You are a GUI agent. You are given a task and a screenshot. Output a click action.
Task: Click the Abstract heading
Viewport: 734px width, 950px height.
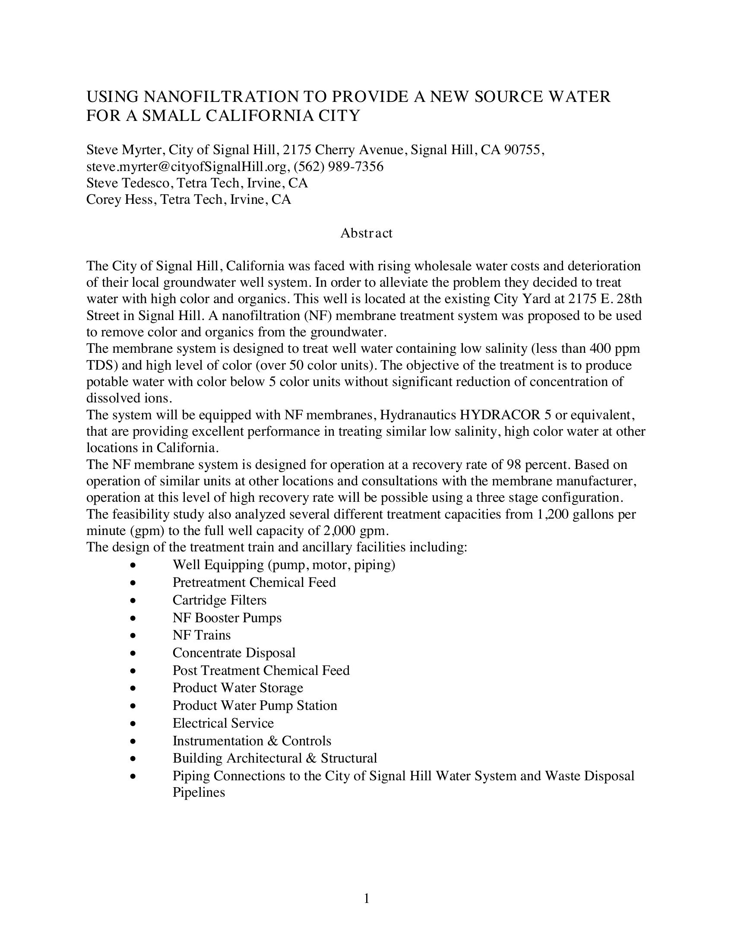click(x=366, y=233)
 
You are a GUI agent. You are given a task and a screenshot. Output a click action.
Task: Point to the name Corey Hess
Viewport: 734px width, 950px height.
click(x=121, y=199)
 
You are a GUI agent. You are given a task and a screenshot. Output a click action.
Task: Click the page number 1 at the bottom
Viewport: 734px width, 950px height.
click(x=366, y=898)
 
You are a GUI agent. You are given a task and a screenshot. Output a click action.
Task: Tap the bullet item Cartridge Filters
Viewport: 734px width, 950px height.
click(x=219, y=600)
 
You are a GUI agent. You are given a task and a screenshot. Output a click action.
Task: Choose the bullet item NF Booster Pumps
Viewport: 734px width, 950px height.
click(x=227, y=618)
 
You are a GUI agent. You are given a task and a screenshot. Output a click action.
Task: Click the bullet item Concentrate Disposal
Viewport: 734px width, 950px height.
click(x=234, y=653)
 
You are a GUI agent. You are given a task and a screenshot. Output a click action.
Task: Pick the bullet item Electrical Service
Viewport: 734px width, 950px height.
click(x=223, y=723)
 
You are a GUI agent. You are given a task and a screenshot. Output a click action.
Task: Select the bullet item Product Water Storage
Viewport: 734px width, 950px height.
click(x=238, y=688)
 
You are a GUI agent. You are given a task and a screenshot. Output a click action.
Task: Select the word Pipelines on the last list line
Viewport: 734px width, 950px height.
click(x=199, y=792)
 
